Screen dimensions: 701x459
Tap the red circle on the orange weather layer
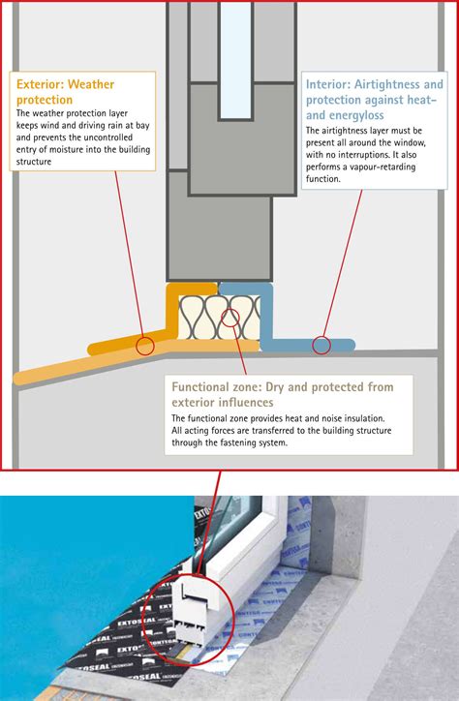146,344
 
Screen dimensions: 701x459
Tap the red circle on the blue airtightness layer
321,344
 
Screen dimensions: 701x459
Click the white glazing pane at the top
235,58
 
